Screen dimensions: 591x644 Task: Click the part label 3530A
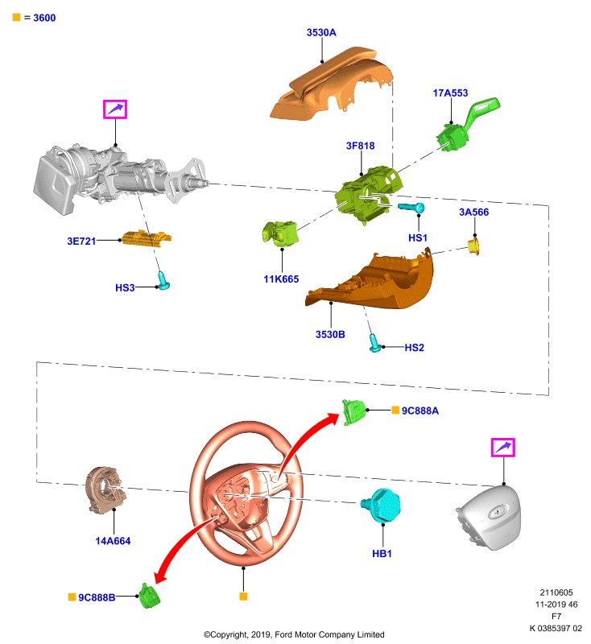(x=321, y=32)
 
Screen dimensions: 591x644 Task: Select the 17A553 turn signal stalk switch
(x=467, y=125)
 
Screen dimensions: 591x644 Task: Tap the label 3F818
(x=360, y=146)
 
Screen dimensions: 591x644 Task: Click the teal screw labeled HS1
(x=411, y=208)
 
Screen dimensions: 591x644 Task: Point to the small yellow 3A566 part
(x=474, y=246)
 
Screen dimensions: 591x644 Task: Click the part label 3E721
(x=81, y=241)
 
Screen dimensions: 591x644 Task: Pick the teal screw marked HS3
(x=164, y=280)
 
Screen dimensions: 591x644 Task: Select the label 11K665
(x=281, y=279)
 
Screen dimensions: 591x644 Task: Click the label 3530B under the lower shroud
(x=330, y=335)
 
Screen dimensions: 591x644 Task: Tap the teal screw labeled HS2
(x=374, y=343)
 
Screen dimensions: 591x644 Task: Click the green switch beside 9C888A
(x=353, y=412)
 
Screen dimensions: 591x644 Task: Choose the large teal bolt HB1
(x=381, y=506)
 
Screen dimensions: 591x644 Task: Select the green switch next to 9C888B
(x=150, y=596)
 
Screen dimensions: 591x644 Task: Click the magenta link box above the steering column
(x=115, y=109)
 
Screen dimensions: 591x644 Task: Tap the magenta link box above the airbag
(x=503, y=448)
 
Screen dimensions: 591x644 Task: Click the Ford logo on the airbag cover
(x=498, y=512)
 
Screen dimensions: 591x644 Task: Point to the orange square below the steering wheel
(x=243, y=597)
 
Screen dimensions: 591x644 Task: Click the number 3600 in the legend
(x=44, y=18)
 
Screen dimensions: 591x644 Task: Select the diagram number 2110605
(x=556, y=592)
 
